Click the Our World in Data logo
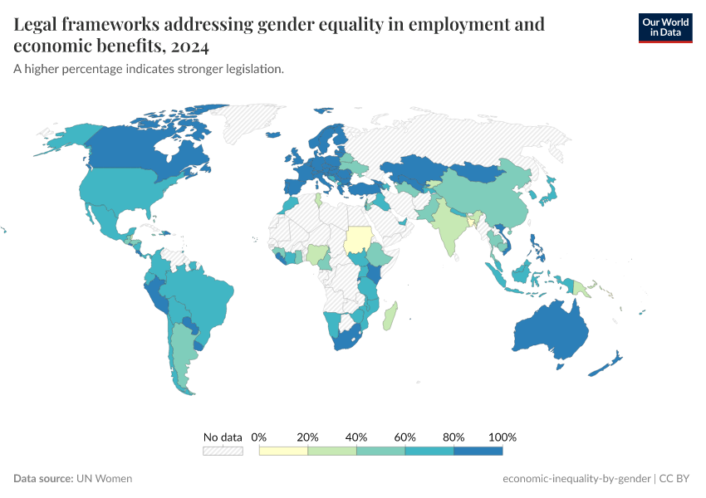(664, 27)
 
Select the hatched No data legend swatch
(223, 451)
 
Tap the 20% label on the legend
(308, 437)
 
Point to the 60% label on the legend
(405, 437)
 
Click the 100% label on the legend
(503, 437)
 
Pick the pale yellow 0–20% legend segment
(283, 451)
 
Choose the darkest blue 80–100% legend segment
(478, 451)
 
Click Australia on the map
(552, 332)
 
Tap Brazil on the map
(199, 295)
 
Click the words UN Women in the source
(104, 479)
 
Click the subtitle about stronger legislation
(149, 69)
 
